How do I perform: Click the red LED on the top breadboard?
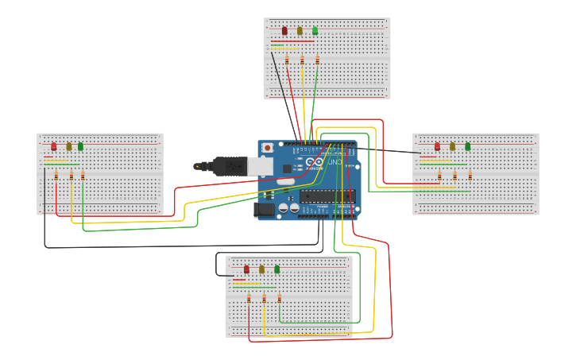click(284, 31)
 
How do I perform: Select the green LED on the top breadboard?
click(315, 31)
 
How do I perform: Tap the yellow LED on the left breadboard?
click(69, 146)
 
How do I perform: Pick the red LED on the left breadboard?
click(54, 146)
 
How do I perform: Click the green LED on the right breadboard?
click(467, 146)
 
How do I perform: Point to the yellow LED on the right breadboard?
click(452, 146)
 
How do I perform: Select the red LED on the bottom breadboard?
click(246, 269)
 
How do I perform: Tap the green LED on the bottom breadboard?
click(276, 269)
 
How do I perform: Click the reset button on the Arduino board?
click(268, 148)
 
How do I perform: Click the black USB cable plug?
click(230, 165)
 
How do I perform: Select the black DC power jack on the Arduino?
click(264, 210)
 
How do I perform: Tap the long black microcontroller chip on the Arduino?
click(327, 195)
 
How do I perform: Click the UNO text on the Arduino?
click(335, 163)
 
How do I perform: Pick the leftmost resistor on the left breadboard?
click(56, 176)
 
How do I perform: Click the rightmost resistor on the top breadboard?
click(317, 60)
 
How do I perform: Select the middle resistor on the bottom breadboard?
click(264, 299)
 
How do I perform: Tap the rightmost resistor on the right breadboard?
click(470, 176)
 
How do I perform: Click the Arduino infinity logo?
click(316, 163)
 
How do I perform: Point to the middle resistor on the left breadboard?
click(72, 176)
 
